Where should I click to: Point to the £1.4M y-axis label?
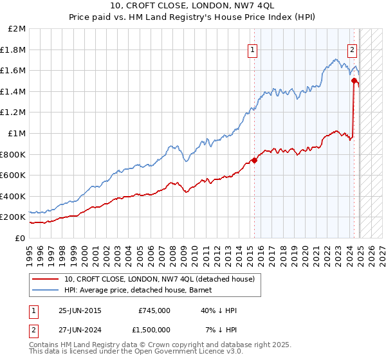14,91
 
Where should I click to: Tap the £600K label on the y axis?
13,175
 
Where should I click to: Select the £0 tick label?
20,238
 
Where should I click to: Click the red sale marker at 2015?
254,160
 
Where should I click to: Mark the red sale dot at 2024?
354,81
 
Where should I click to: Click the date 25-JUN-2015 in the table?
80,310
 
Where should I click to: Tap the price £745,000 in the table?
154,310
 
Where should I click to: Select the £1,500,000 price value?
151,330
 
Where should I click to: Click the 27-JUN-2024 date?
80,330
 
